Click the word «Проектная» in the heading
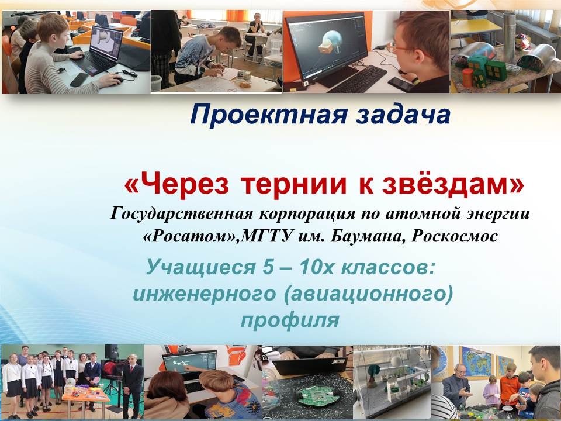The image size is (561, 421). [x=269, y=115]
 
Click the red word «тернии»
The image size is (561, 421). [x=294, y=185]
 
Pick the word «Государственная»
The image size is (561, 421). [x=182, y=214]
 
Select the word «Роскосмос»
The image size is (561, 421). [x=455, y=236]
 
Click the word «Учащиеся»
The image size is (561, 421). [x=200, y=267]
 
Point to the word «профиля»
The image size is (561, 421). [x=290, y=320]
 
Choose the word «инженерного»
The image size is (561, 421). [x=205, y=294]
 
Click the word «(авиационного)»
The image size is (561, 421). [x=369, y=294]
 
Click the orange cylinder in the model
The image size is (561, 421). [x=467, y=77]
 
